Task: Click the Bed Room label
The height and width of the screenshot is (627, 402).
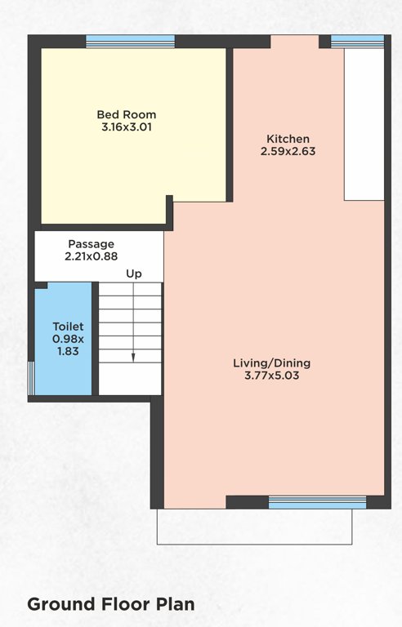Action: click(126, 114)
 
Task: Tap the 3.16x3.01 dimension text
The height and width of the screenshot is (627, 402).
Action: click(126, 127)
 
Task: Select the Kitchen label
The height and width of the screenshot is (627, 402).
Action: click(288, 138)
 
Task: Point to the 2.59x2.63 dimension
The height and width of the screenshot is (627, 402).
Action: click(288, 151)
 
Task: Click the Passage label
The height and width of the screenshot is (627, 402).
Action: click(91, 244)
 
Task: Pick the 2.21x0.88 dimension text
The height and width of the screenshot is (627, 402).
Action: click(91, 256)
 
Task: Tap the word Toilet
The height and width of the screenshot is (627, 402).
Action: click(68, 327)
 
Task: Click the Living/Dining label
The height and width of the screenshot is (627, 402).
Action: click(272, 362)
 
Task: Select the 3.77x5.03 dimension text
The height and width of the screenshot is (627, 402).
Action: click(272, 376)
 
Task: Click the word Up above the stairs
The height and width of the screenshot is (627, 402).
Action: click(133, 274)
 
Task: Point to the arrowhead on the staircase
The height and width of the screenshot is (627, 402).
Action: click(133, 357)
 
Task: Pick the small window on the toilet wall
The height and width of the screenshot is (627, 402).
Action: click(32, 378)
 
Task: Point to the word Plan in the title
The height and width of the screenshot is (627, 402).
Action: click(174, 605)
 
